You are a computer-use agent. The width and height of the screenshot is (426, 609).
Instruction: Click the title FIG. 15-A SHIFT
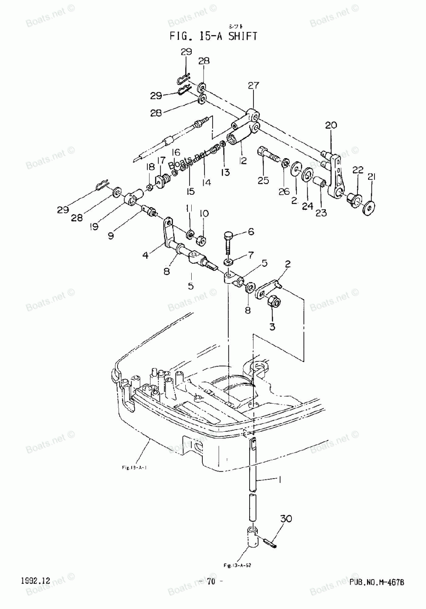tap(213, 36)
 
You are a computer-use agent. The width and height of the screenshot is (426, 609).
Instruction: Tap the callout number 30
tap(286, 520)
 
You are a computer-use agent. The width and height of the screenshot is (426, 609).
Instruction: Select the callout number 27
tap(253, 86)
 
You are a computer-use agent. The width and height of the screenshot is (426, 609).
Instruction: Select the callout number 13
tap(225, 172)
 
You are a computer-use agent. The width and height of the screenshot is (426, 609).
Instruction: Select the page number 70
tap(212, 582)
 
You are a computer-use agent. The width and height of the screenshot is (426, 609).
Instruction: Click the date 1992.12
tap(35, 581)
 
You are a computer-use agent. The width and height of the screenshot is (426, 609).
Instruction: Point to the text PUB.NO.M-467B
tap(377, 582)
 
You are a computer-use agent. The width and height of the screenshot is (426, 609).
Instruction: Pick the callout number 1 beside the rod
tap(280, 479)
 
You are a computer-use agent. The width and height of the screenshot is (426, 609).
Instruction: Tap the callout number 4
tap(146, 256)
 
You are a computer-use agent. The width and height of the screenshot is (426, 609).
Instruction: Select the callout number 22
tap(357, 170)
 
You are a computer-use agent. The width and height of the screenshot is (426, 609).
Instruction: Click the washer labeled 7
tap(229, 261)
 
